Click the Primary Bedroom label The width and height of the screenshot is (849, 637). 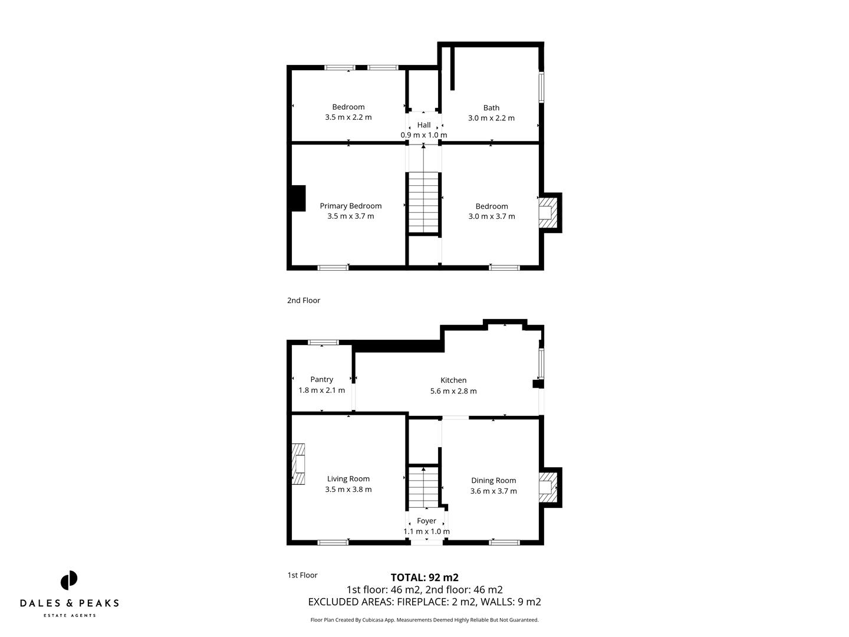(x=350, y=206)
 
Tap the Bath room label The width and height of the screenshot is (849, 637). (x=491, y=108)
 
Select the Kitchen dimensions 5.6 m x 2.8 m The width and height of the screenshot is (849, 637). (x=453, y=391)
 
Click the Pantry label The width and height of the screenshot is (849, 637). (x=321, y=380)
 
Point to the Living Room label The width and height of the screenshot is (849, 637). (x=348, y=479)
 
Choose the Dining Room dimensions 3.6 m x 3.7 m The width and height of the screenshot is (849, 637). (x=493, y=491)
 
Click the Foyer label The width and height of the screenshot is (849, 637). (x=426, y=521)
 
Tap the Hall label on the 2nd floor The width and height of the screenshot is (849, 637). (x=424, y=125)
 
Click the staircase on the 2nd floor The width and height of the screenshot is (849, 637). (x=424, y=202)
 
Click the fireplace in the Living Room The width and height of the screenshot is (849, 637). (x=299, y=464)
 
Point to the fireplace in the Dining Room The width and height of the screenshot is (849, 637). (x=548, y=487)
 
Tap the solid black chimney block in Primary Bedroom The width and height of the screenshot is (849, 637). (x=298, y=198)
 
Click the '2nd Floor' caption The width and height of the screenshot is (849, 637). (x=304, y=300)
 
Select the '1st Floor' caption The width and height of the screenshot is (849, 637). (x=302, y=575)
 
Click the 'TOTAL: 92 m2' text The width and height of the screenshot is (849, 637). (x=424, y=577)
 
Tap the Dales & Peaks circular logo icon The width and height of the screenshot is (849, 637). (x=69, y=580)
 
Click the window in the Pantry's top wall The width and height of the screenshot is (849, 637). (x=324, y=342)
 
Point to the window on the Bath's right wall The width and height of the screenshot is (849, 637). (x=541, y=87)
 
